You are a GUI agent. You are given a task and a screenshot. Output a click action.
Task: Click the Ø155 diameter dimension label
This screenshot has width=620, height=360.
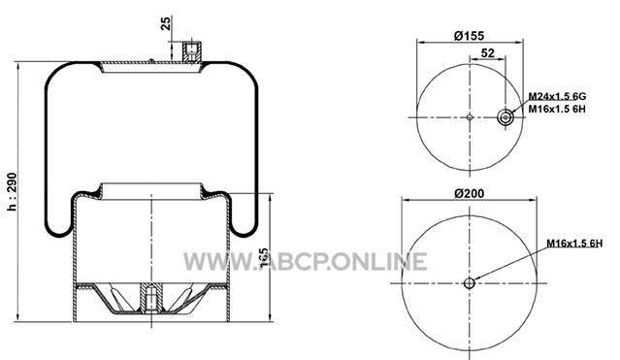pyautogui.click(x=469, y=36)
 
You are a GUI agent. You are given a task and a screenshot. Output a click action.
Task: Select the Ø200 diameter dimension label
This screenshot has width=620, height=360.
pyautogui.click(x=469, y=193)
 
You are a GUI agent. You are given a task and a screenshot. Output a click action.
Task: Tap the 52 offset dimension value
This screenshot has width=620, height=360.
pyautogui.click(x=487, y=53)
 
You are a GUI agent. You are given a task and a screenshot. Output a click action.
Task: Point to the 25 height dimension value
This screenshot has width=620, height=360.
pyautogui.click(x=166, y=23)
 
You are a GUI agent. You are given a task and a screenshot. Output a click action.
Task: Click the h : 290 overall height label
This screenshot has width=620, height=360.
pyautogui.click(x=13, y=191)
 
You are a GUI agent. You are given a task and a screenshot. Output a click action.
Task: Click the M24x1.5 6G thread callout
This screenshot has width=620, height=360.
pyautogui.click(x=557, y=96)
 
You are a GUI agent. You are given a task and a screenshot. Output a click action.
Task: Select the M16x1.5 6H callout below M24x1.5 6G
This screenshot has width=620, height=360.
pyautogui.click(x=557, y=109)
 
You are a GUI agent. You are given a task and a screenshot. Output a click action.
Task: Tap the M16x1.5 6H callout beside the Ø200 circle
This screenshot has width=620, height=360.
pyautogui.click(x=574, y=244)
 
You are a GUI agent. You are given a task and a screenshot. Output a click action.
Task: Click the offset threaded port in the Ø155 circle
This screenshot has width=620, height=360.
pyautogui.click(x=505, y=117)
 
